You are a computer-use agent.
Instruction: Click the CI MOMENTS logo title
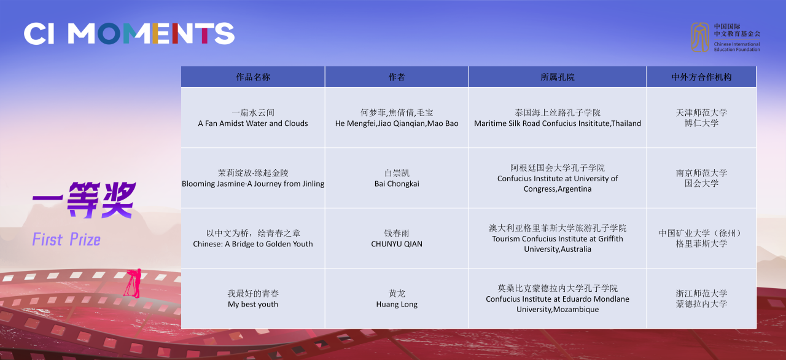click(x=129, y=34)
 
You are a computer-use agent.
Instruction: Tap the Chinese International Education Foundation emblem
click(x=700, y=37)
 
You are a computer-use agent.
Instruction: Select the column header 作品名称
click(x=253, y=77)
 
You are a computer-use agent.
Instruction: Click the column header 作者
click(x=397, y=77)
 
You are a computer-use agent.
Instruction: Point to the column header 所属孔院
click(x=558, y=77)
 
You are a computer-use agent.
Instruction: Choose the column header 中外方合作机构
click(x=701, y=77)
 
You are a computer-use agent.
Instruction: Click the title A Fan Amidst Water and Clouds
click(x=253, y=123)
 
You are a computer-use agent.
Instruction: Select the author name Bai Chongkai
click(x=397, y=184)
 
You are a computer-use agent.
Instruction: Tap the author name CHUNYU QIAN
click(x=397, y=244)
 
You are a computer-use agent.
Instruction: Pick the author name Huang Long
click(x=397, y=304)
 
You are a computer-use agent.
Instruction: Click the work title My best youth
click(x=253, y=304)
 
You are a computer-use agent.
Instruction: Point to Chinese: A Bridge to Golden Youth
click(x=253, y=244)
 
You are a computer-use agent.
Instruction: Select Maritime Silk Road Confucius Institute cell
click(x=558, y=118)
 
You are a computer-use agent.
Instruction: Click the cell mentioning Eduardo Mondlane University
click(x=558, y=299)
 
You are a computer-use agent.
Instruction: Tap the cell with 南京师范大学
click(x=701, y=178)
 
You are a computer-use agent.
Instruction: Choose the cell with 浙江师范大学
click(x=701, y=299)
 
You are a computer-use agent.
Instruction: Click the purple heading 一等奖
click(x=84, y=200)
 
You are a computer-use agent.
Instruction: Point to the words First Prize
click(x=66, y=240)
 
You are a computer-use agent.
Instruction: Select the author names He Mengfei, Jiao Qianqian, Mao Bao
click(x=397, y=123)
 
